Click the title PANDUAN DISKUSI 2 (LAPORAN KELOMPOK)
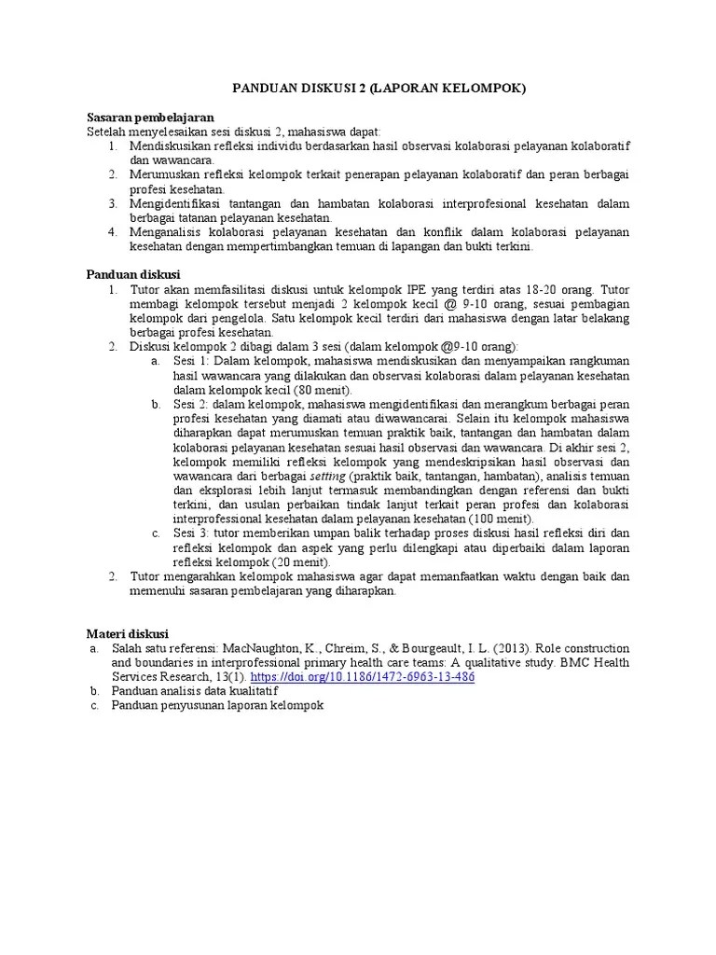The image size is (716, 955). tap(379, 89)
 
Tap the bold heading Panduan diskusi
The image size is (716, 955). tap(133, 275)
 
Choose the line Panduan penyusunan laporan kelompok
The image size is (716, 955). tap(216, 706)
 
